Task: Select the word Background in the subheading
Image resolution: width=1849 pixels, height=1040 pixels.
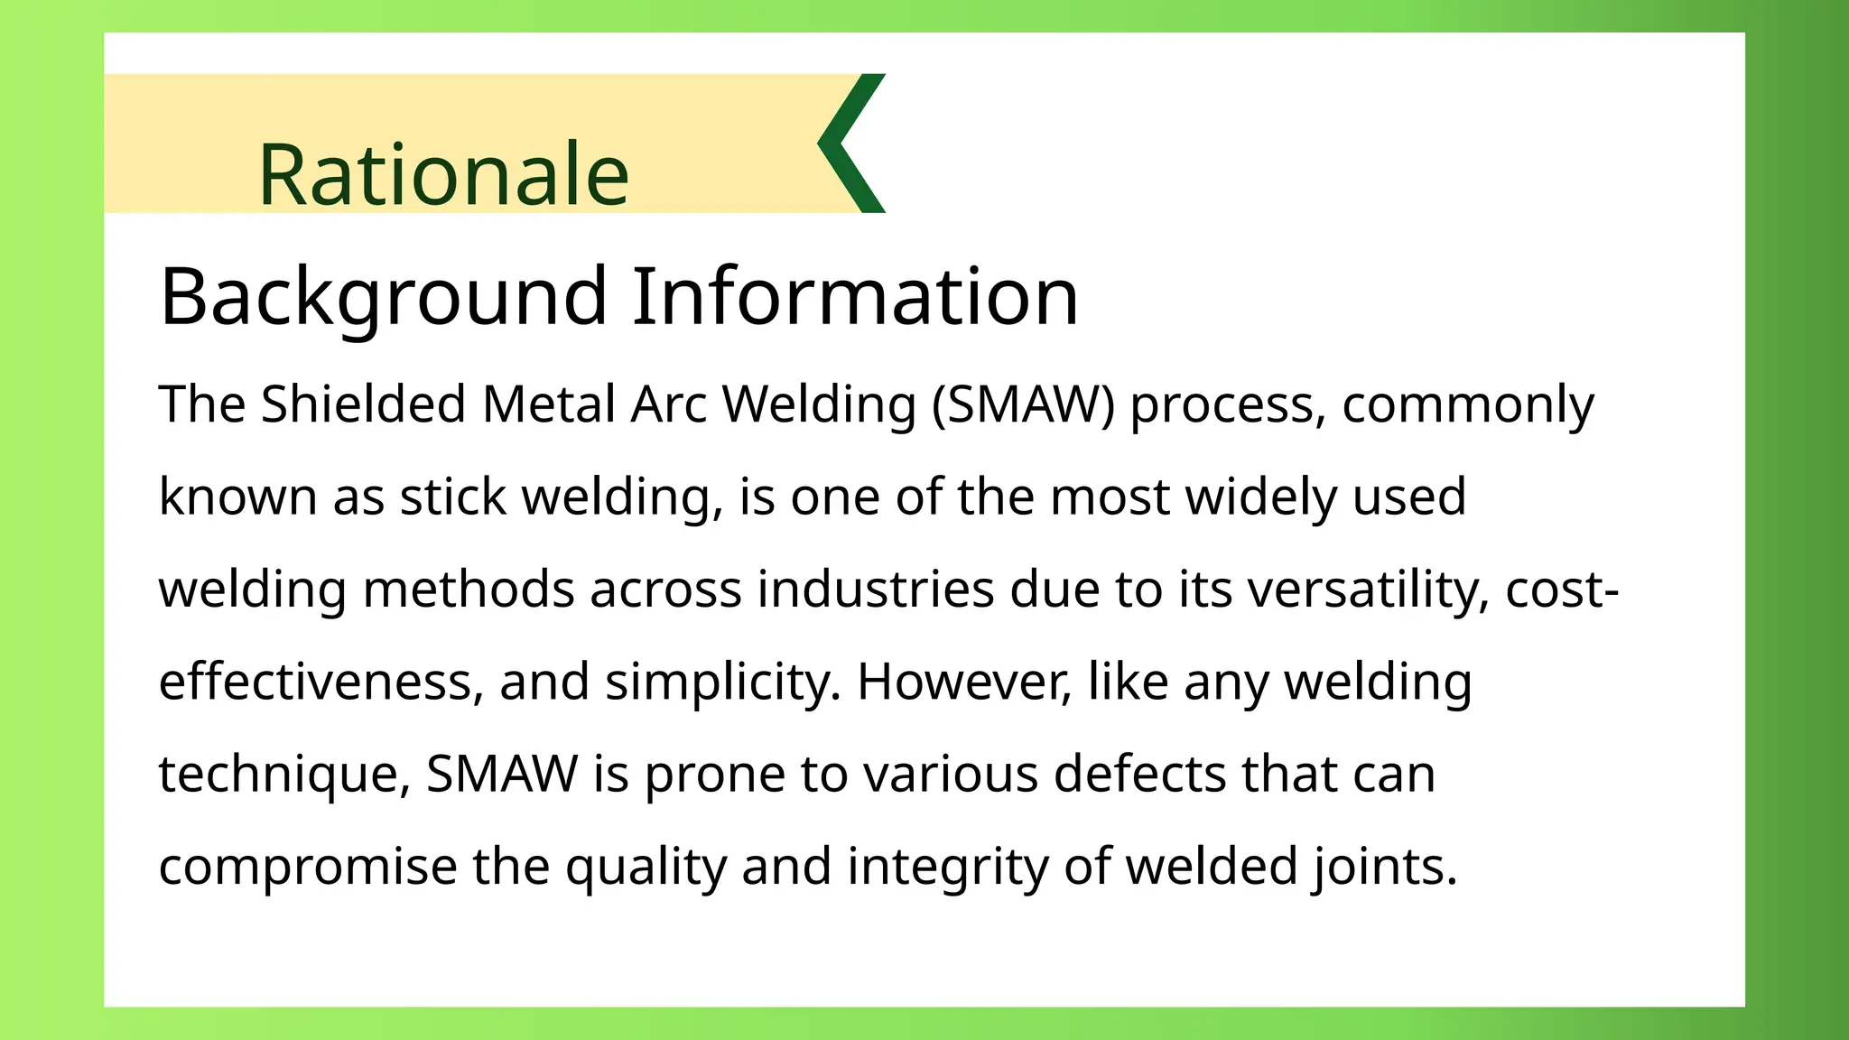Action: [384, 296]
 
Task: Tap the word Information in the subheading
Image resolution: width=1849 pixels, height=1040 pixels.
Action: [855, 296]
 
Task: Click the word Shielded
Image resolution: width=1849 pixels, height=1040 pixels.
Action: [363, 404]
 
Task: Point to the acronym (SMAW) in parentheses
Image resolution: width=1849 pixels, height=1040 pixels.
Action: [1023, 404]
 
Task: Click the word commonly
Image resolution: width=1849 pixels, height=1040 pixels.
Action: [1467, 405]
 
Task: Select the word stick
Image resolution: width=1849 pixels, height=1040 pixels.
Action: [453, 497]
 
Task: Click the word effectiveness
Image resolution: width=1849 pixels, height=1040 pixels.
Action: [315, 682]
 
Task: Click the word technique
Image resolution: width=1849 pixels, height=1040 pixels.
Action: [278, 775]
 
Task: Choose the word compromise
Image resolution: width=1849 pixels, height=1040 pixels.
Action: [308, 867]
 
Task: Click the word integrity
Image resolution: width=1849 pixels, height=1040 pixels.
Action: [947, 867]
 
